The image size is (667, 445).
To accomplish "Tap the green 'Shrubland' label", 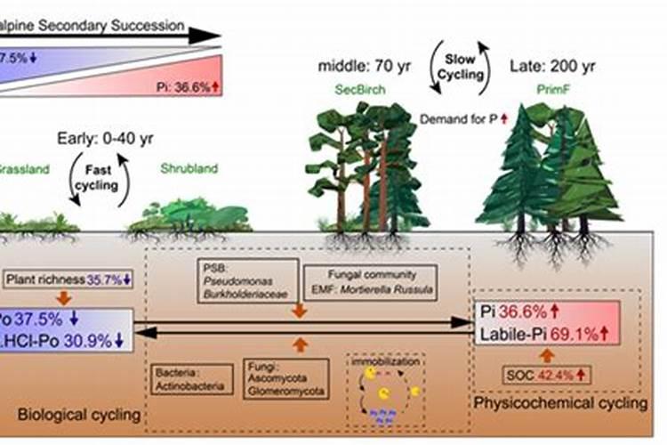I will pos(186,167).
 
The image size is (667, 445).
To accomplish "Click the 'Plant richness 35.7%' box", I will pos(68,279).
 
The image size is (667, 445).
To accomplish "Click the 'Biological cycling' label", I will pos(79,415).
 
